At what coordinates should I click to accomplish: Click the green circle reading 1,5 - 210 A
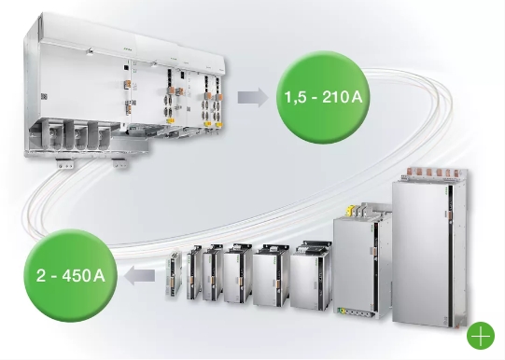[323, 96]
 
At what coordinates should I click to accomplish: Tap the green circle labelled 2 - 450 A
[71, 275]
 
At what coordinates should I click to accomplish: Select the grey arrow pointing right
[253, 97]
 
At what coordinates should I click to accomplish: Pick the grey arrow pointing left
[139, 276]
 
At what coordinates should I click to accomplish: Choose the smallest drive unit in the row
[174, 276]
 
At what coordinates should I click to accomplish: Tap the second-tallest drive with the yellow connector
[362, 260]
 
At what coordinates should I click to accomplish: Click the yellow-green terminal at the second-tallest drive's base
[341, 311]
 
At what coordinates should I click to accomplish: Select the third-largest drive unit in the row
[311, 275]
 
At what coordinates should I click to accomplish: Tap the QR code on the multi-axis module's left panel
[44, 96]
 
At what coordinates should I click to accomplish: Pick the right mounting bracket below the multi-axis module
[121, 164]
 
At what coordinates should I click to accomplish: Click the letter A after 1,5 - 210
[358, 96]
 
